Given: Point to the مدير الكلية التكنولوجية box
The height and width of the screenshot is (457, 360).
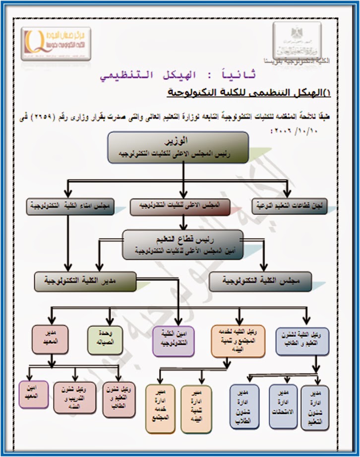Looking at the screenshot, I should (x=85, y=281).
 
